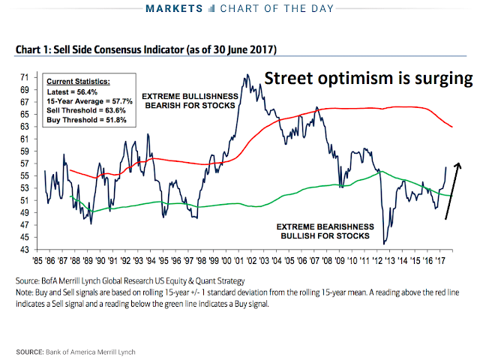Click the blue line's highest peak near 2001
[x=245, y=75]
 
